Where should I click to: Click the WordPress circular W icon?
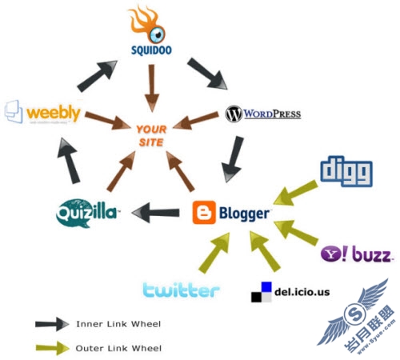tap(234, 114)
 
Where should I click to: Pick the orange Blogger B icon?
tap(204, 213)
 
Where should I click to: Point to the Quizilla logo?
tap(87, 212)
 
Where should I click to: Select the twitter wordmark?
tap(181, 290)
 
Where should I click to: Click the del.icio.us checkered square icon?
tap(261, 293)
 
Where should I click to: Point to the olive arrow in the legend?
tap(53, 347)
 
